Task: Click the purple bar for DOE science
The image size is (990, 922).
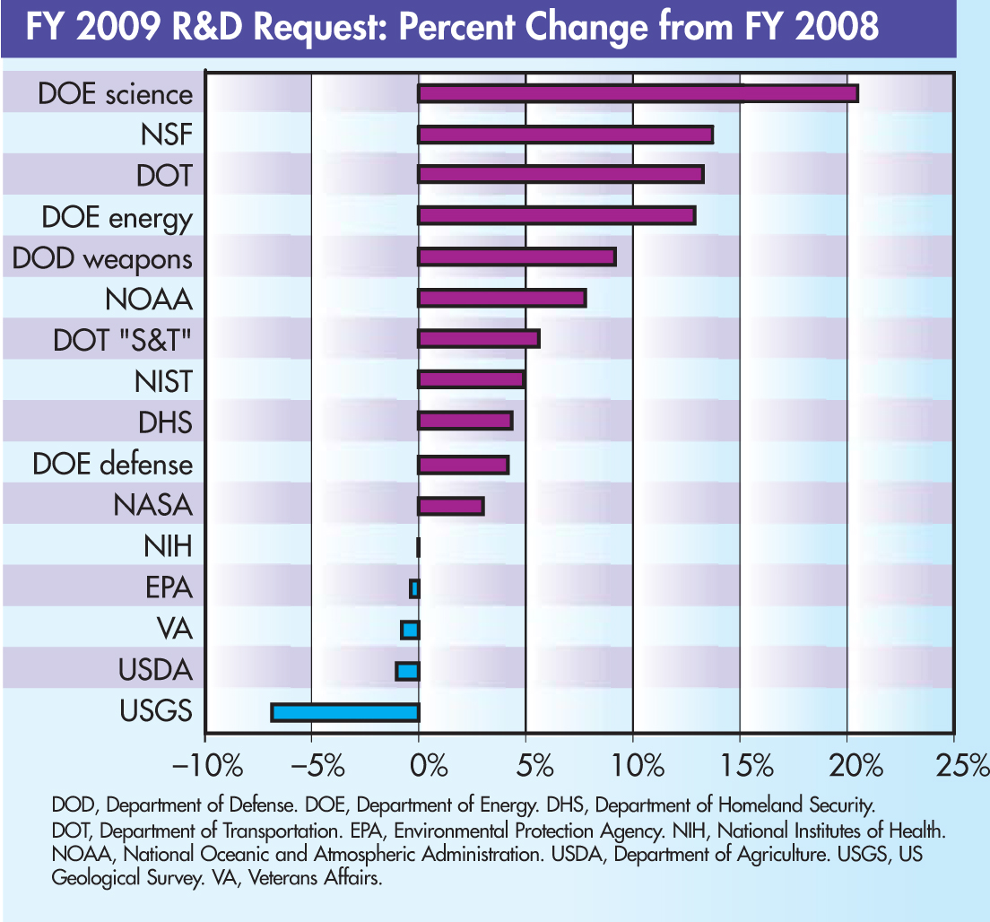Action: pyautogui.click(x=638, y=93)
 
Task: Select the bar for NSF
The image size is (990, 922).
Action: pyautogui.click(x=565, y=135)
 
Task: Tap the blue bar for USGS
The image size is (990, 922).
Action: pyautogui.click(x=345, y=712)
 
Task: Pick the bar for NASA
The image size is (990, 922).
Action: pyautogui.click(x=451, y=506)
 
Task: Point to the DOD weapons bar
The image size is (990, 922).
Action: pyautogui.click(x=517, y=257)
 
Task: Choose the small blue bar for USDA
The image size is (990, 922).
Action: pyautogui.click(x=408, y=671)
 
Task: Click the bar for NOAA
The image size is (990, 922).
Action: pyautogui.click(x=502, y=299)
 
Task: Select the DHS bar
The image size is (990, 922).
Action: pyautogui.click(x=465, y=421)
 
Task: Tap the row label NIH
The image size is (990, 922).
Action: pyautogui.click(x=168, y=546)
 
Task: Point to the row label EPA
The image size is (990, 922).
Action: pyautogui.click(x=169, y=588)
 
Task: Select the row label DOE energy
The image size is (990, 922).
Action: pyautogui.click(x=117, y=218)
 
